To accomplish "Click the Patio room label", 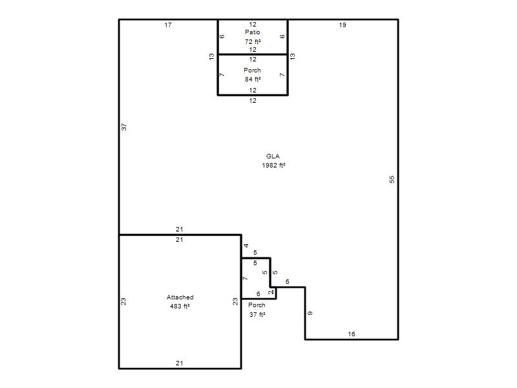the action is [253, 32].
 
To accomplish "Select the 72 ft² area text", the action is [253, 41].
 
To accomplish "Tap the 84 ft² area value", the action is [253, 79].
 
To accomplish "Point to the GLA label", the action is [273, 156].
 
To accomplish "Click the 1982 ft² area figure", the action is [273, 166].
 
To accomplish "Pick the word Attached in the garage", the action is [180, 297].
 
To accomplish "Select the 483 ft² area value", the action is [180, 306].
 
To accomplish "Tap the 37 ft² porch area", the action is [257, 314].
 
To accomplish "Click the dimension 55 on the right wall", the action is [392, 179].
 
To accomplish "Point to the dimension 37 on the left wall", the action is [124, 127].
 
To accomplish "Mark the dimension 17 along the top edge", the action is [168, 25].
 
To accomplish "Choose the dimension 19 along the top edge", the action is [343, 25].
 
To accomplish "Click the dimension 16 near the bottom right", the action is [352, 334].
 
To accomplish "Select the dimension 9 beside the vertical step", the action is [310, 313].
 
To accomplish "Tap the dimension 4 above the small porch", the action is [246, 246].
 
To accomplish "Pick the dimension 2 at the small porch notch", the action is [271, 292].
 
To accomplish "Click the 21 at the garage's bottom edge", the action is [180, 363].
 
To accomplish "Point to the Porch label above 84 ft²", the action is [252, 70].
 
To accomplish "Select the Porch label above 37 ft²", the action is [257, 305].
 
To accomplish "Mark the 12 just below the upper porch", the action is [253, 101].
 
